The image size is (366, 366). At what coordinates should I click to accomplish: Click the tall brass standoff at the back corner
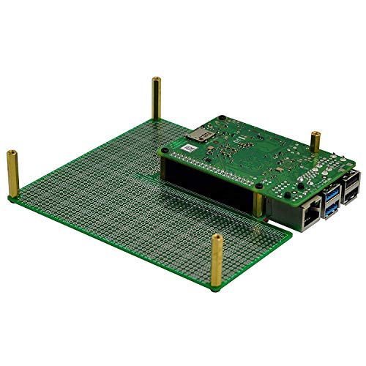[156, 98]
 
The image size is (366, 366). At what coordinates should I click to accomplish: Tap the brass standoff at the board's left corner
[12, 176]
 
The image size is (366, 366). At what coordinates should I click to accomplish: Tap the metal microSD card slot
[198, 134]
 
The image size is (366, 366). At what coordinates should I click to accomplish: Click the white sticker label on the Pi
[188, 148]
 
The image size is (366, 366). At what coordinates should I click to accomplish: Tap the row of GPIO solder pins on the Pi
[212, 169]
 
